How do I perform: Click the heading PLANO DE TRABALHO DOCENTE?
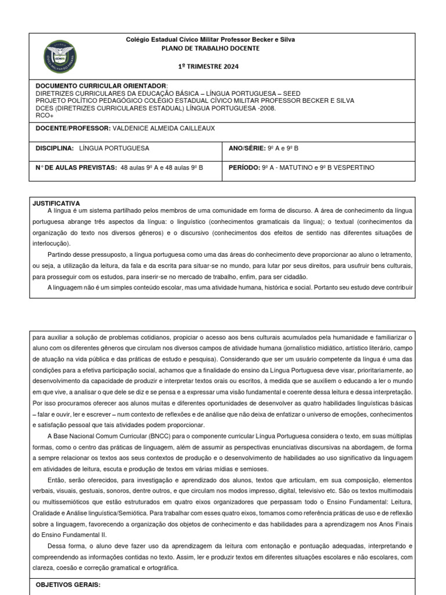pos(210,48)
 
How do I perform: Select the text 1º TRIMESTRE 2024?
pos(210,66)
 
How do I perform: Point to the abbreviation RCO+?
pos(44,115)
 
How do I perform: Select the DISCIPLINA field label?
pos(55,148)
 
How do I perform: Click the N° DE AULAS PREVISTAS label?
pos(76,167)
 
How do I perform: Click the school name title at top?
pos(210,40)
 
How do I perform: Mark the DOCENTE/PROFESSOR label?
pos(73,128)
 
